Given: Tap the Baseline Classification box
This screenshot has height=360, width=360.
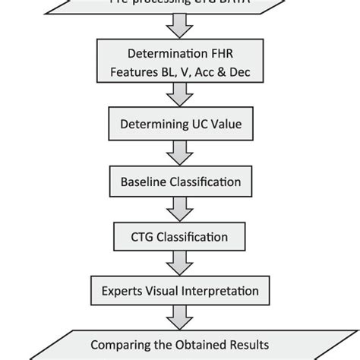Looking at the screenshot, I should (180, 182).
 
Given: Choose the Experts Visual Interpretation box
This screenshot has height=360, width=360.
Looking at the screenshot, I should (180, 289).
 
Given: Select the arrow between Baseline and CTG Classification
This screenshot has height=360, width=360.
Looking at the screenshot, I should (180, 208).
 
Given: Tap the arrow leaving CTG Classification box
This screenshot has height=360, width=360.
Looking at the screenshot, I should (180, 262).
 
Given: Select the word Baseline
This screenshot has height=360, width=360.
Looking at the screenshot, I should (145, 182).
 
